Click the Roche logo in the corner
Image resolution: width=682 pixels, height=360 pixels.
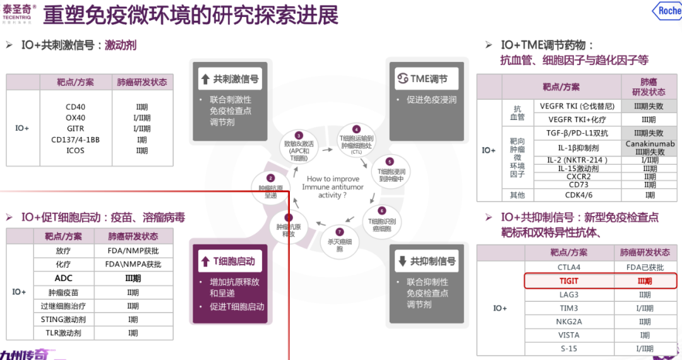coord(669,11)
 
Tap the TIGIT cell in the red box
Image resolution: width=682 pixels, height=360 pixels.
coord(568,281)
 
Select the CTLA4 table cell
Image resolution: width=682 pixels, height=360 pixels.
coord(568,267)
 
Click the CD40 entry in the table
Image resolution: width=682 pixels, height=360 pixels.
coord(75,107)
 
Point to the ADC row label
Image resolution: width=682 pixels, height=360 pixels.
coord(63,278)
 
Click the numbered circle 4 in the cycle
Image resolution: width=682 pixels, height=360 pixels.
coord(356,129)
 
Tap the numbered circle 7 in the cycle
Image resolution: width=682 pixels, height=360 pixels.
coord(340,232)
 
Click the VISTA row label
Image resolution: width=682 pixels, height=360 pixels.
coord(568,335)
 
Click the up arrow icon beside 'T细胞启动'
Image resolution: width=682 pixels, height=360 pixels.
coord(205,261)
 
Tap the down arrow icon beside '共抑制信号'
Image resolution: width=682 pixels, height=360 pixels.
coord(402,261)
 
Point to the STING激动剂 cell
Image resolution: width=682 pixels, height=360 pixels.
coord(63,320)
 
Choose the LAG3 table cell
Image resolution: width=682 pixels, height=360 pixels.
coord(568,295)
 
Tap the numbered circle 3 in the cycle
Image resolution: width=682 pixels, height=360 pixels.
coord(299,135)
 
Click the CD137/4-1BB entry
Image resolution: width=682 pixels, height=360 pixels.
coord(75,140)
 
